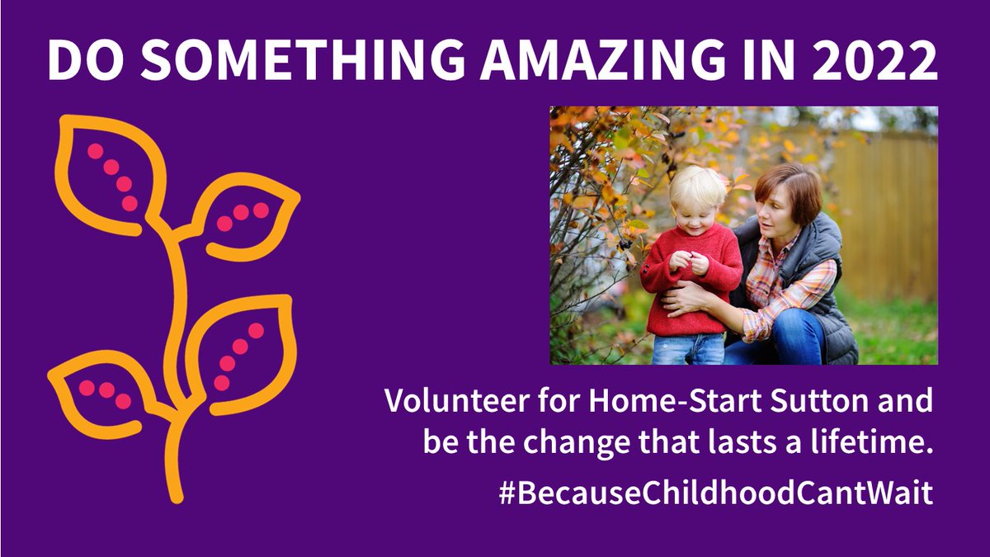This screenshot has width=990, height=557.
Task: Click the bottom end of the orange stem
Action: tap(175, 495)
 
